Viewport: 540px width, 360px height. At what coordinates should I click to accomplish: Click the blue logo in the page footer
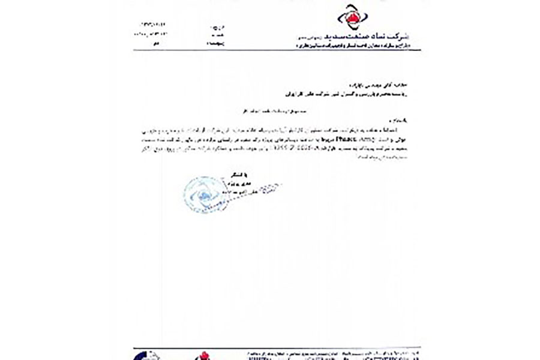pyautogui.click(x=151, y=355)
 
